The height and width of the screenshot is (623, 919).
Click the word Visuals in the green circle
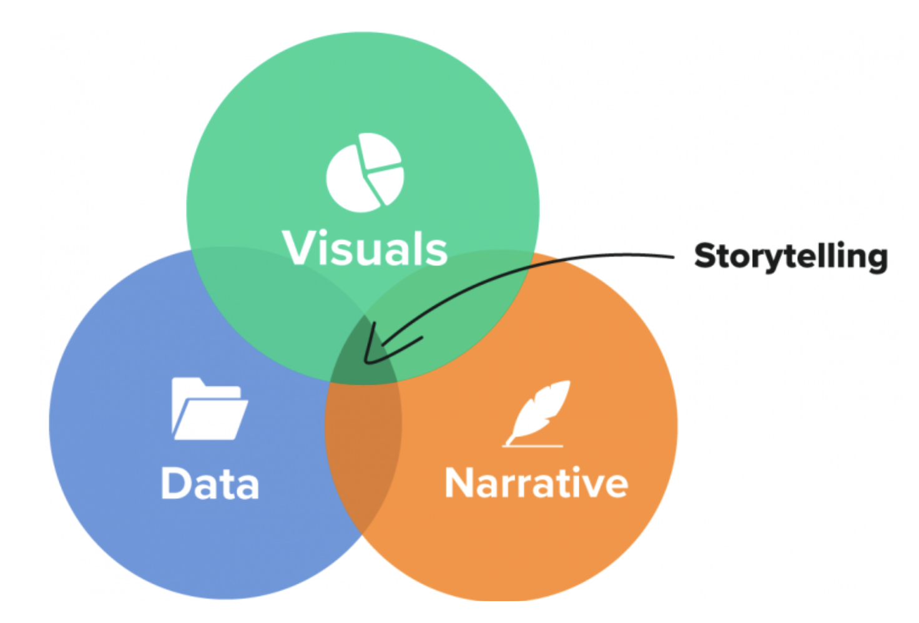pos(365,248)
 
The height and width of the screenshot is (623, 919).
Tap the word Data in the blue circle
pos(210,483)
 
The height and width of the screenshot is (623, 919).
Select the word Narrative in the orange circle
pos(537,483)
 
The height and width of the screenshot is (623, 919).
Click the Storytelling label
pos(791,257)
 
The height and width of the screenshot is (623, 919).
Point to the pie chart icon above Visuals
pos(365,173)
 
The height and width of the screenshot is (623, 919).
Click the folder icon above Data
pos(210,408)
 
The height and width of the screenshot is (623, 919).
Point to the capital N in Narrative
pos(460,483)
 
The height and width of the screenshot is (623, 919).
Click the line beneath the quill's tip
pos(533,446)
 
